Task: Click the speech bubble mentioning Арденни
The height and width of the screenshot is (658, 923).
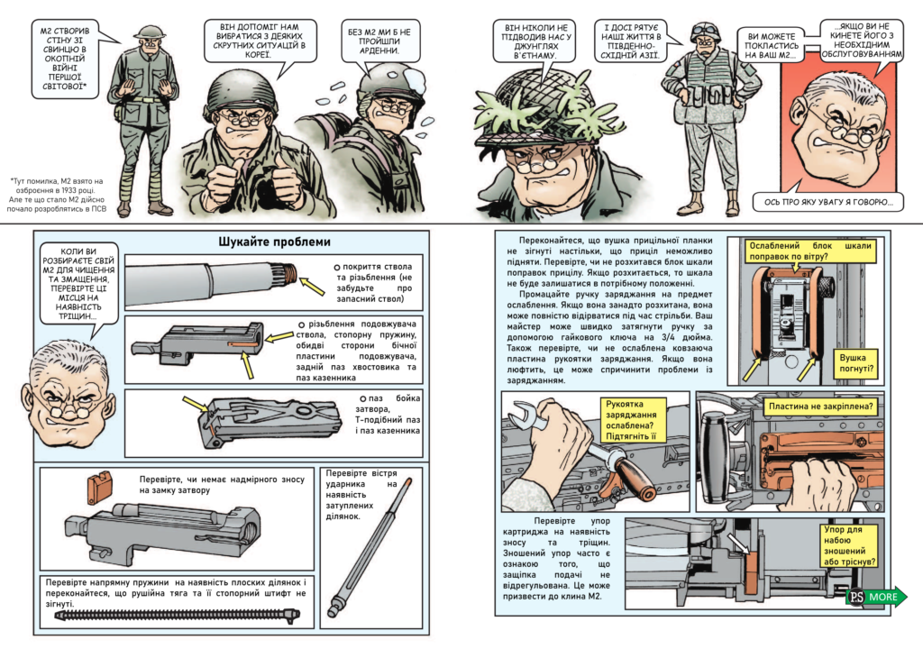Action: click(x=382, y=41)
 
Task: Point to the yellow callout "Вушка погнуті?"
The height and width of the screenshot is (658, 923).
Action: click(x=855, y=363)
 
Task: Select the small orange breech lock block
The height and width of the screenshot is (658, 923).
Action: click(x=99, y=487)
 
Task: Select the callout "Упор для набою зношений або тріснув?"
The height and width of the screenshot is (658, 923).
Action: click(x=849, y=545)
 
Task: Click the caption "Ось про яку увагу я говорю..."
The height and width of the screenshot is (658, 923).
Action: click(x=827, y=202)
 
